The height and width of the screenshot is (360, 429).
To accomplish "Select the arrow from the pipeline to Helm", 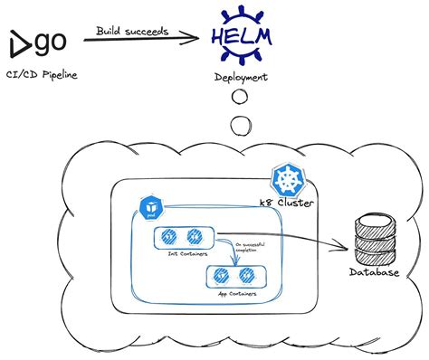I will click(145, 37).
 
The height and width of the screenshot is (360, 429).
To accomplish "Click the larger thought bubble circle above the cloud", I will click(240, 125).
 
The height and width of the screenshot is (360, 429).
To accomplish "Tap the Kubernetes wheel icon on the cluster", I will click(287, 182).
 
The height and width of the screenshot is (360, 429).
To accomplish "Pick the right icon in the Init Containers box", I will click(192, 239).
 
